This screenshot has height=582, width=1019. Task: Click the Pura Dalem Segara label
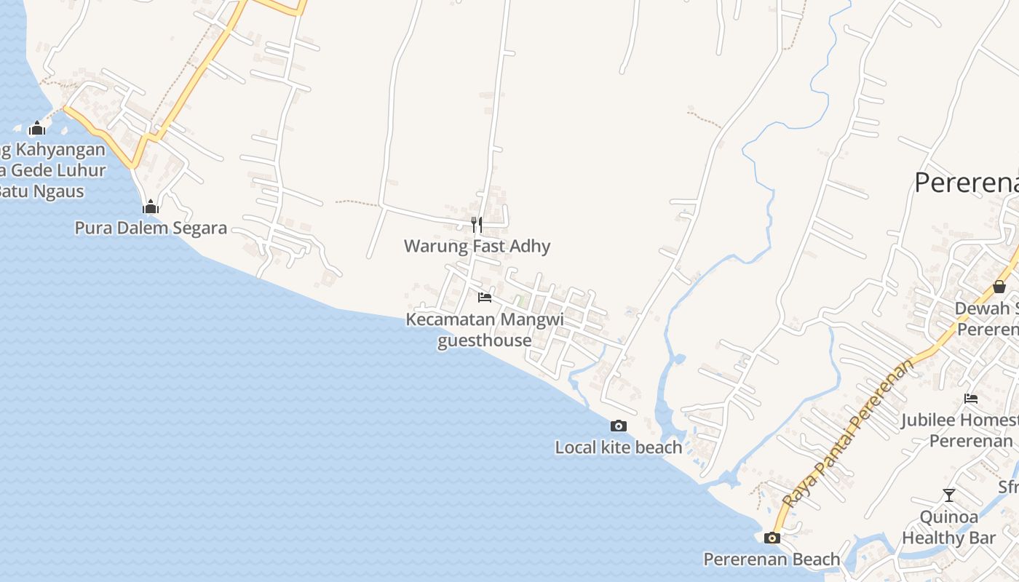click(x=151, y=228)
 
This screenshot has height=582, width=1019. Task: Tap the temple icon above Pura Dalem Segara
click(x=151, y=208)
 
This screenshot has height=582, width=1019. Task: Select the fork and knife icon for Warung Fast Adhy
click(x=477, y=224)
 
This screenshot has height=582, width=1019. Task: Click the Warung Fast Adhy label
click(x=477, y=246)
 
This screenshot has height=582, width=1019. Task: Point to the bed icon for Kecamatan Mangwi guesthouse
click(x=484, y=298)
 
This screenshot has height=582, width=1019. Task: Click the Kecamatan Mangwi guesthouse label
click(x=485, y=330)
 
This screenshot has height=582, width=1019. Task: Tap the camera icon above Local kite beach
click(x=619, y=426)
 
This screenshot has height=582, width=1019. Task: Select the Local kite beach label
click(x=619, y=447)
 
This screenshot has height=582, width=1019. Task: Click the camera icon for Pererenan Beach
click(x=772, y=538)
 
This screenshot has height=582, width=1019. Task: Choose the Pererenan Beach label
click(x=772, y=559)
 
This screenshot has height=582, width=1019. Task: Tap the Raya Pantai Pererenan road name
click(x=848, y=434)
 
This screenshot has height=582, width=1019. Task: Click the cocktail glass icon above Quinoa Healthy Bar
click(x=948, y=495)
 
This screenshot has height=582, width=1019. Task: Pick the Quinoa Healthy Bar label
click(x=948, y=527)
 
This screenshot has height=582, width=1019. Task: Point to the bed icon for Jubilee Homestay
click(x=971, y=399)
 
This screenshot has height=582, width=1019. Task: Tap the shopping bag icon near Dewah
click(x=999, y=287)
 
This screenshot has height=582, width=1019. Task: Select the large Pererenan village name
click(x=967, y=183)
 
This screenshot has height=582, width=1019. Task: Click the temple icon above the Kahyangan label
click(x=37, y=129)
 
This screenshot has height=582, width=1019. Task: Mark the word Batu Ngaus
click(x=41, y=191)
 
